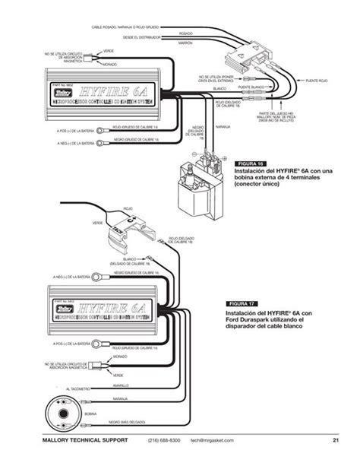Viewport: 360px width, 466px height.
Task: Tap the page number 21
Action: (335, 440)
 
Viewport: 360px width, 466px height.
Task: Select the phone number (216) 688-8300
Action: (164, 440)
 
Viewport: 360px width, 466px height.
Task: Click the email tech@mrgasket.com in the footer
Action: (218, 440)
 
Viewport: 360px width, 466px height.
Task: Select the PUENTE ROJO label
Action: (317, 79)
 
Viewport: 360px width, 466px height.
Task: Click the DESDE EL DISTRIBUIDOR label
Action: (138, 36)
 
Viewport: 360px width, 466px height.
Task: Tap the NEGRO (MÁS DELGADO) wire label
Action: (126, 420)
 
